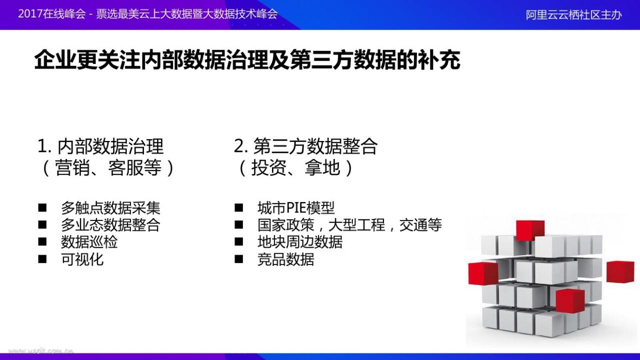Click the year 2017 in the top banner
[x=30, y=14]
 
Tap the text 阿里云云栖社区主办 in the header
[x=573, y=15]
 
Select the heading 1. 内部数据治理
[x=100, y=146]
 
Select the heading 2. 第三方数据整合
[x=305, y=146]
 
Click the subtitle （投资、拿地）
[x=295, y=167]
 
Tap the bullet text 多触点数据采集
[x=110, y=207]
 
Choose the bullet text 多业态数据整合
[x=110, y=225]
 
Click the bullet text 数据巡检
[x=89, y=242]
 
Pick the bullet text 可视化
[x=82, y=259]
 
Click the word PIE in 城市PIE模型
[x=296, y=207]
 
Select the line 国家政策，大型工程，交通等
[x=349, y=225]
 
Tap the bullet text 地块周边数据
[x=300, y=242]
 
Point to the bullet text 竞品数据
[x=285, y=259]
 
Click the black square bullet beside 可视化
[x=42, y=259]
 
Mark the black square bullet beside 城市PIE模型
[x=239, y=207]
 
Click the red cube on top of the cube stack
[x=530, y=230]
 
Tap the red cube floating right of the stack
[x=620, y=271]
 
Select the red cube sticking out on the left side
[x=483, y=273]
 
